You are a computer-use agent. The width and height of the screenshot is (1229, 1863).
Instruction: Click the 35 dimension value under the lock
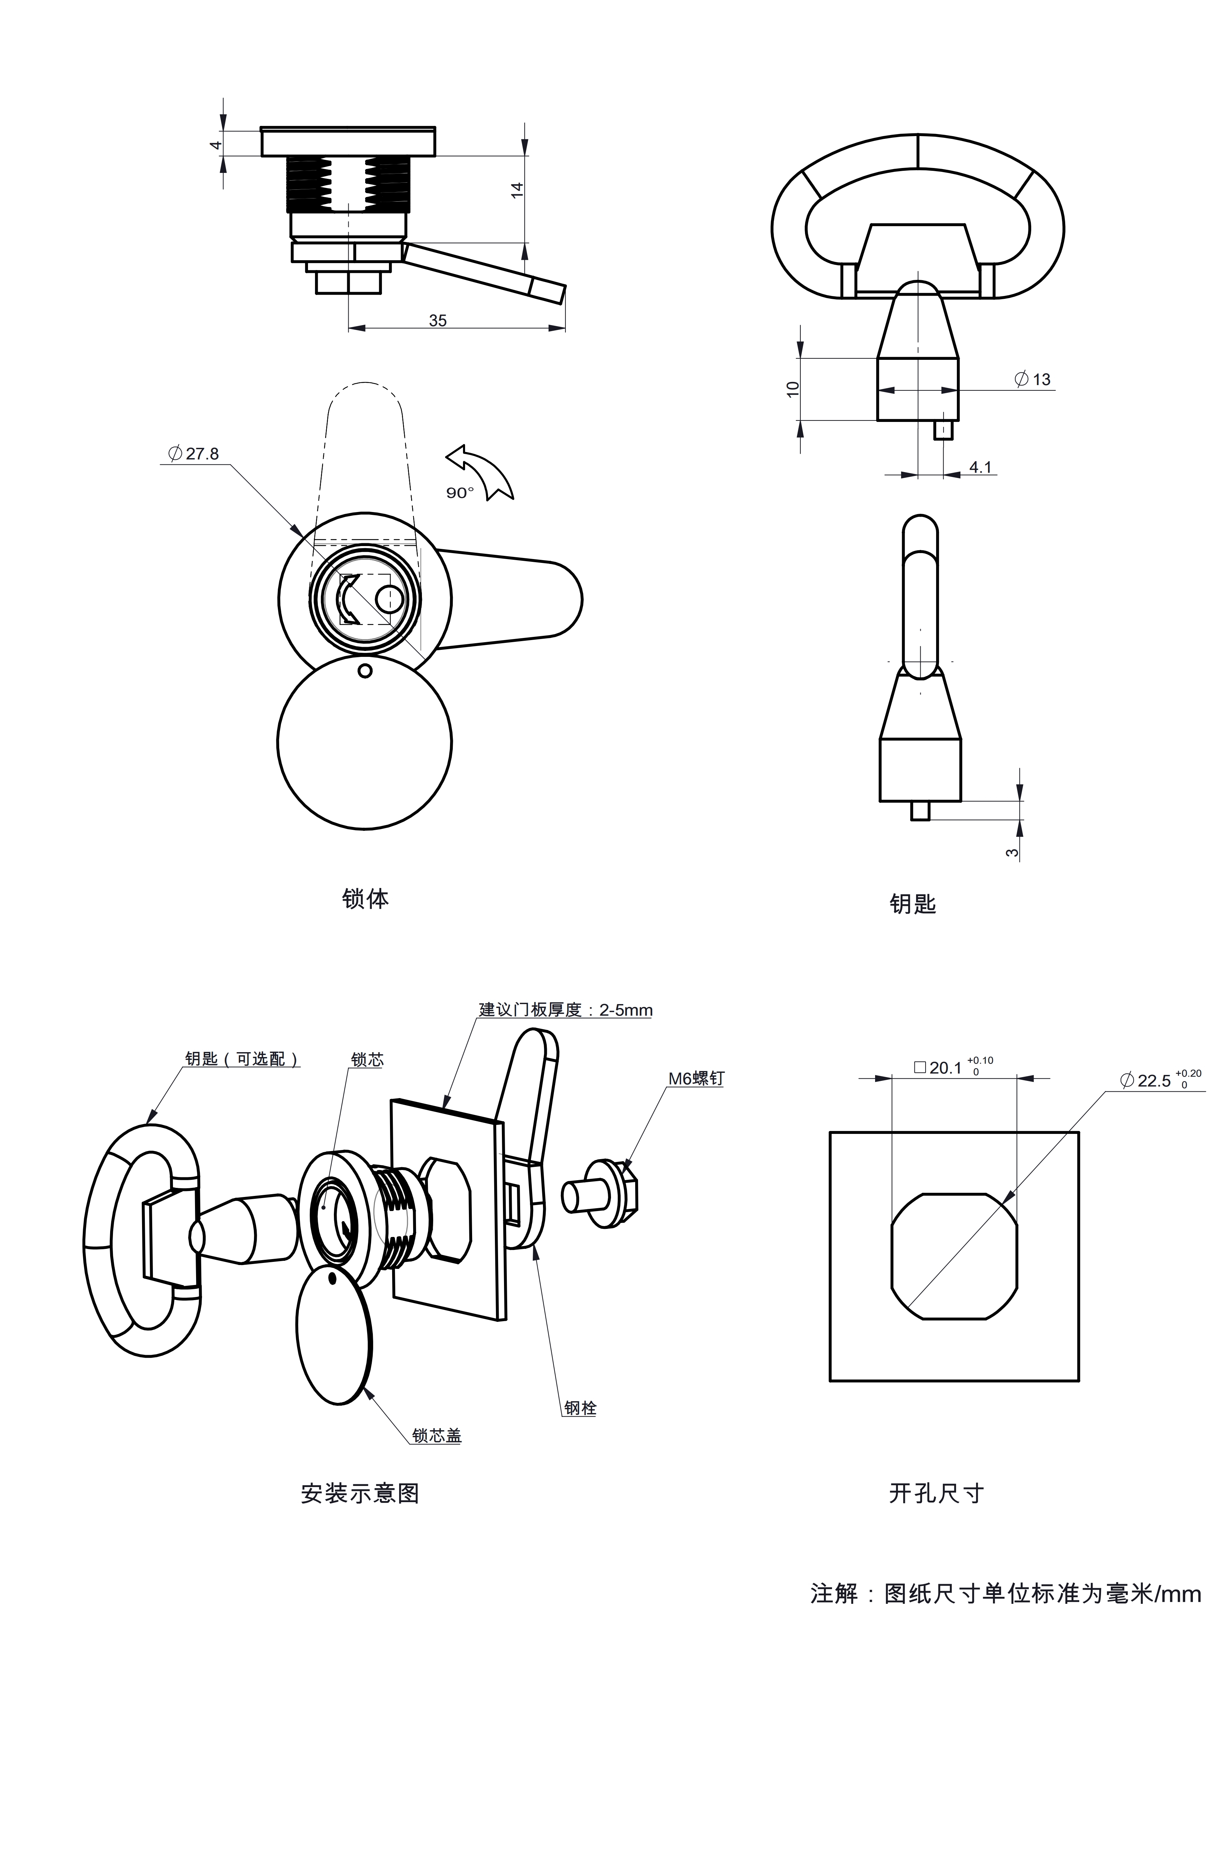[x=437, y=321]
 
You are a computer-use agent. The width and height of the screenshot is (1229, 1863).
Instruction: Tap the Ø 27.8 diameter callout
[x=194, y=454]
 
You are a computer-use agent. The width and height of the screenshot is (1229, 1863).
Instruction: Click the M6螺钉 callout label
[x=696, y=1078]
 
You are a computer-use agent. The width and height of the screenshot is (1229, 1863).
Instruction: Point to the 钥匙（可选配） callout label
[x=242, y=1059]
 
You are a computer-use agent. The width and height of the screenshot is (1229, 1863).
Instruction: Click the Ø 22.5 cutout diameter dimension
[x=1160, y=1080]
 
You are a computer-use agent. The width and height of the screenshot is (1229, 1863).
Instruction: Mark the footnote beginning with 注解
[x=1005, y=1593]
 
